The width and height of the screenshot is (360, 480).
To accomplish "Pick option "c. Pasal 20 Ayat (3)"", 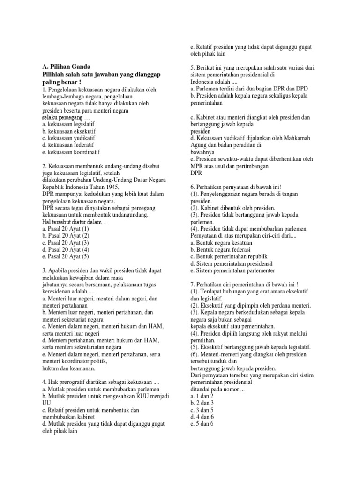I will pos(66,243).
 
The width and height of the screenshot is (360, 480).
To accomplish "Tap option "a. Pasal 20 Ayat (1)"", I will pos(65,229).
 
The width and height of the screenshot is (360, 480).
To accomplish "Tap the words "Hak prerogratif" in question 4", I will pos(68,382).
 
